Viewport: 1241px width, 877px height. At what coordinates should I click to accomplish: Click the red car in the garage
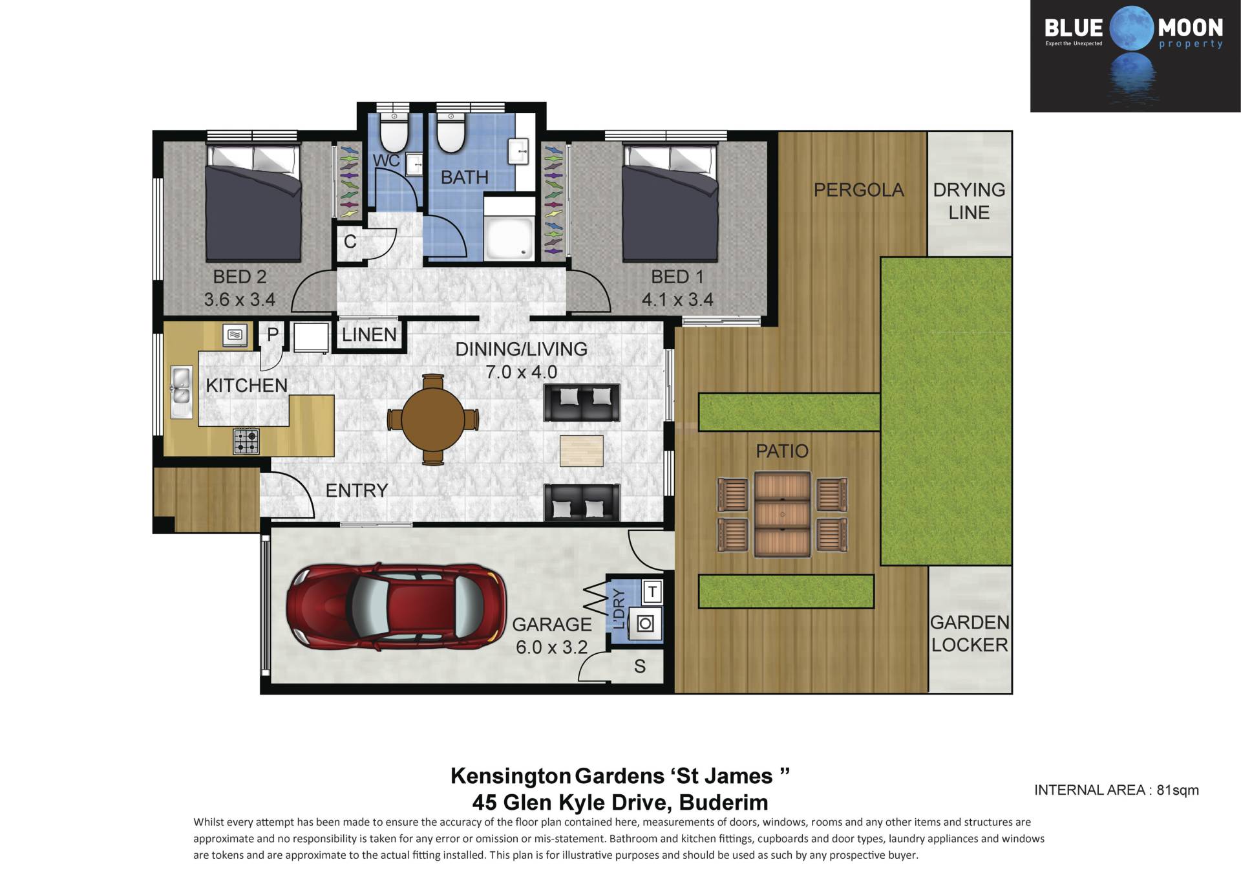396,606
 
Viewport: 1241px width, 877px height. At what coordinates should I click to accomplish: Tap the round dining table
432,419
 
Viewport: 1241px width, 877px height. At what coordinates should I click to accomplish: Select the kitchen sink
181,391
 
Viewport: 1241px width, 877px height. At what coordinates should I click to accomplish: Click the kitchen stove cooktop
246,441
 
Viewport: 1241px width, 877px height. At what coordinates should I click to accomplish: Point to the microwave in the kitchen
235,334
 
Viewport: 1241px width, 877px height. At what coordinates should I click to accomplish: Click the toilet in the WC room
392,131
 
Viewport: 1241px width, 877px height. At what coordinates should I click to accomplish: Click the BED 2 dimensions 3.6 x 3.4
240,300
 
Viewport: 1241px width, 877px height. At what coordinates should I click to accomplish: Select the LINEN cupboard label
369,334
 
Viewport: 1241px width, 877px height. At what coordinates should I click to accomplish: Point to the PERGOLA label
858,190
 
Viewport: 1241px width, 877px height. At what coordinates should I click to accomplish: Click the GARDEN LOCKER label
969,634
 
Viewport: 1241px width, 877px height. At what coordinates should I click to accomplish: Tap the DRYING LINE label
969,201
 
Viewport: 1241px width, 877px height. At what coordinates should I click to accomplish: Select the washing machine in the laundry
645,623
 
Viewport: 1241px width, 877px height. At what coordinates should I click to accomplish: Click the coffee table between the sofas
582,451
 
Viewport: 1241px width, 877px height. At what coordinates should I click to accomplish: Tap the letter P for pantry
273,334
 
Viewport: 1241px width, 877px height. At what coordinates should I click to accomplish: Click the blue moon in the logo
1131,27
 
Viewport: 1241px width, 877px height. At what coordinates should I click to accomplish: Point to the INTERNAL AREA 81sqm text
1116,790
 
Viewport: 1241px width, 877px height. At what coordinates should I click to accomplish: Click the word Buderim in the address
723,803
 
